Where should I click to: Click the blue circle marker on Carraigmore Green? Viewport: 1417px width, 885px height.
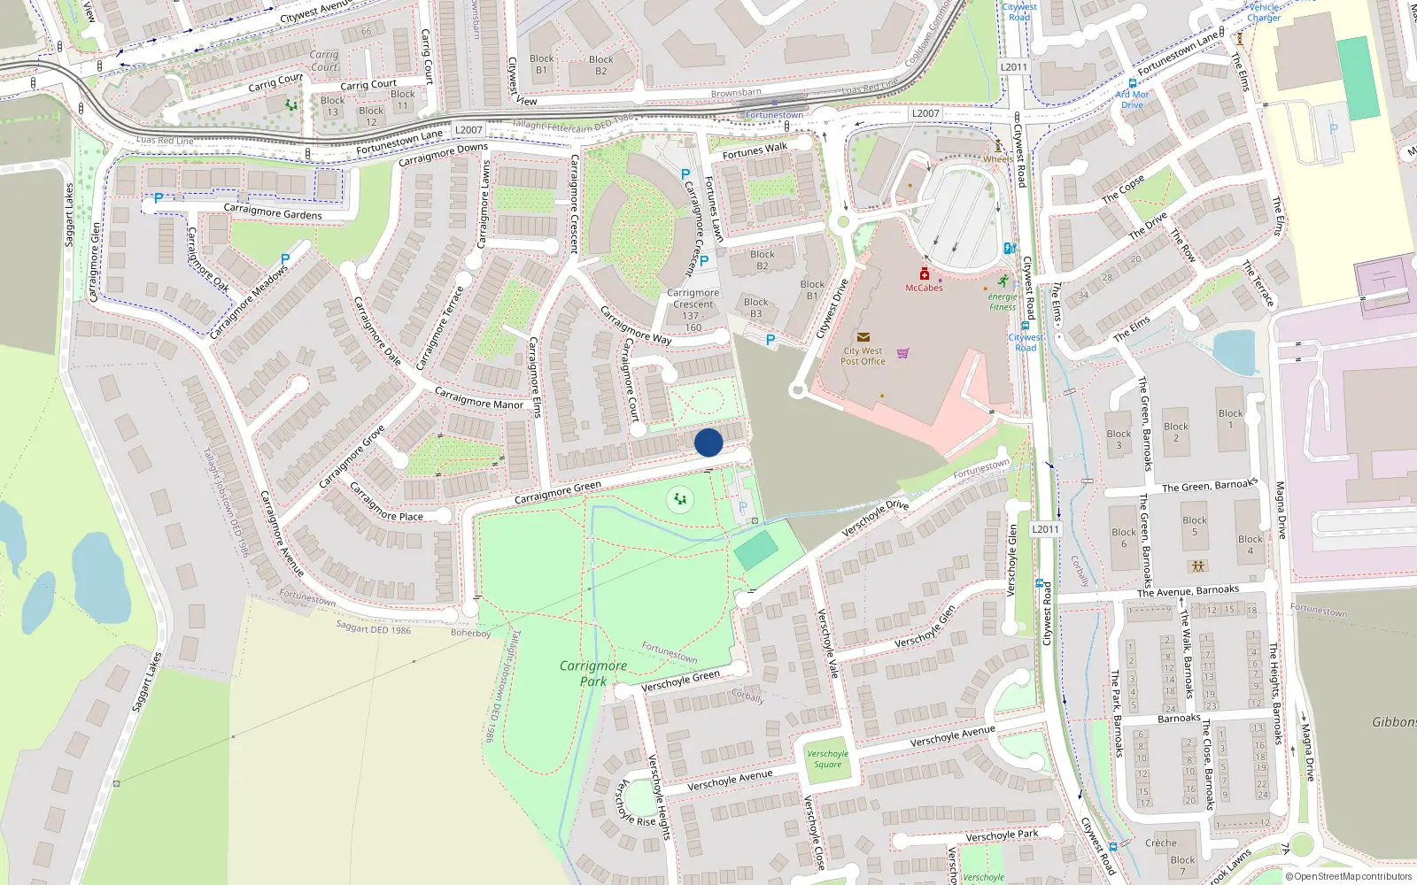708,442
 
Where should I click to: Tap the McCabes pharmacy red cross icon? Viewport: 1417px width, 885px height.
924,274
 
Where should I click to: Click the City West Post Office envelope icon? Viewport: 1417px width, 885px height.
863,337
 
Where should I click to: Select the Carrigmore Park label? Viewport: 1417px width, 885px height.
592,673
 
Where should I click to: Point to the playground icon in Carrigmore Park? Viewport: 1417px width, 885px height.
679,500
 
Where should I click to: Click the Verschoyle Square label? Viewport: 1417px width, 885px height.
827,759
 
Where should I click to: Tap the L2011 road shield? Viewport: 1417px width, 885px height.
1014,67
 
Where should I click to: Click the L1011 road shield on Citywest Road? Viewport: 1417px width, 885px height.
1045,529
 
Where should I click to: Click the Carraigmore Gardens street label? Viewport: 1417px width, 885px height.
273,212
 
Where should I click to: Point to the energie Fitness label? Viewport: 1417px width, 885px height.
1003,302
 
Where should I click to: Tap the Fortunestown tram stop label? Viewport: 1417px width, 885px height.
774,116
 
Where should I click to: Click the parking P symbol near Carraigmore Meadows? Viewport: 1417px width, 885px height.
284,259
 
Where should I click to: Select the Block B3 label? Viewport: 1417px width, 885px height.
755,308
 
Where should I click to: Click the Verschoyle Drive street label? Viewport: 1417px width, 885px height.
874,519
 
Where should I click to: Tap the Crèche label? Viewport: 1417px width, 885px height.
1160,843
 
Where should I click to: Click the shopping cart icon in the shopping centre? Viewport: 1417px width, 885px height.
902,353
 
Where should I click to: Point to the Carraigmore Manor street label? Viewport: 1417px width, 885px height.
478,398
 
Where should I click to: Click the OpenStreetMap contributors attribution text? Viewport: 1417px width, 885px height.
1351,877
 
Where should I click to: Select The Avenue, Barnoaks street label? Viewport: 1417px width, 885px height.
1188,591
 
